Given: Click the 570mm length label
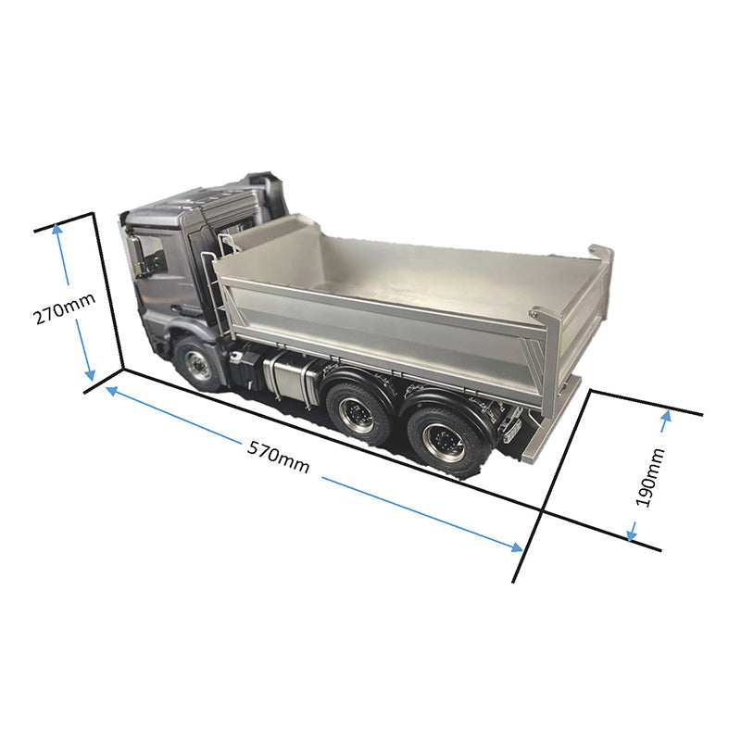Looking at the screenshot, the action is tap(278, 457).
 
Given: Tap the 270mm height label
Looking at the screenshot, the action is tap(65, 308).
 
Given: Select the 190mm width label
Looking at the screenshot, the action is tap(650, 478).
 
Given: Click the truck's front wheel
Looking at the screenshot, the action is tap(197, 364).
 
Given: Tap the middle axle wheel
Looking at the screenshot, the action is tap(358, 412).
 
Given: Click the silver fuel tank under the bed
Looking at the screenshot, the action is tap(289, 378).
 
